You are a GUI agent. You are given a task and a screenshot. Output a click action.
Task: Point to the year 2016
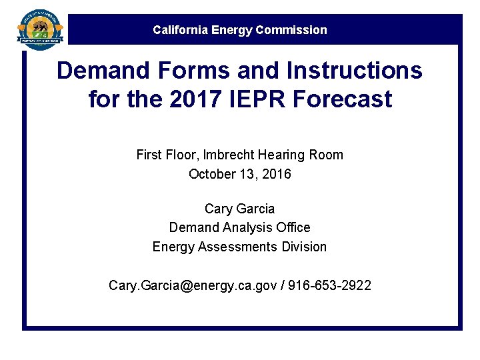click(x=277, y=174)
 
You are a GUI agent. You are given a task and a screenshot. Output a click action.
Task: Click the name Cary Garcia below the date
click(x=240, y=209)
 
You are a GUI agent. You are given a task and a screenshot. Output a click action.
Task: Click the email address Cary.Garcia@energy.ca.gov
click(x=193, y=285)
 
